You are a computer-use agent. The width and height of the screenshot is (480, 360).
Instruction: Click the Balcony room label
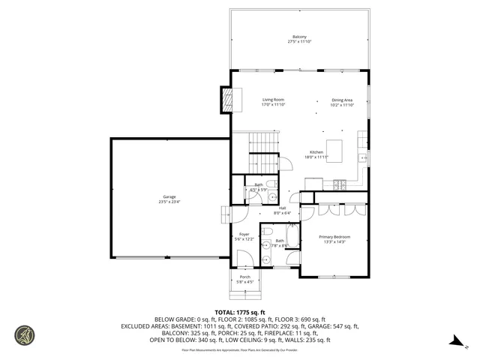pyautogui.click(x=298, y=37)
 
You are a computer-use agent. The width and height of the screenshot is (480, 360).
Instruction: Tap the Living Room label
pyautogui.click(x=273, y=100)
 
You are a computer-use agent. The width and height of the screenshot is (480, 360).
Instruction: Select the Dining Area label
pyautogui.click(x=342, y=100)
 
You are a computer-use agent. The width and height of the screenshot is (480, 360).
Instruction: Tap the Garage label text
pyautogui.click(x=169, y=196)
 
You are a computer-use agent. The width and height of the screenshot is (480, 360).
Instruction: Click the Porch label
pyautogui.click(x=245, y=277)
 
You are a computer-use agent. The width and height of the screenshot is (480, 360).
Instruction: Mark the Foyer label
pyautogui.click(x=244, y=234)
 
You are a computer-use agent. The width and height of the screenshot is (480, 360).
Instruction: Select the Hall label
pyautogui.click(x=283, y=208)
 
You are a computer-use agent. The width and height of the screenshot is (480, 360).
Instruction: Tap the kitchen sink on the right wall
pyautogui.click(x=362, y=158)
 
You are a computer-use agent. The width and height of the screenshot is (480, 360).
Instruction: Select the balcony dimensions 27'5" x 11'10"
pyautogui.click(x=298, y=42)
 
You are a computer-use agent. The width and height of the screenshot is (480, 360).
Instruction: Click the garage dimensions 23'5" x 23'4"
pyautogui.click(x=169, y=202)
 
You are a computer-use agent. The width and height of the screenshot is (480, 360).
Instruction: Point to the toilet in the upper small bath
pyautogui.click(x=273, y=184)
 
